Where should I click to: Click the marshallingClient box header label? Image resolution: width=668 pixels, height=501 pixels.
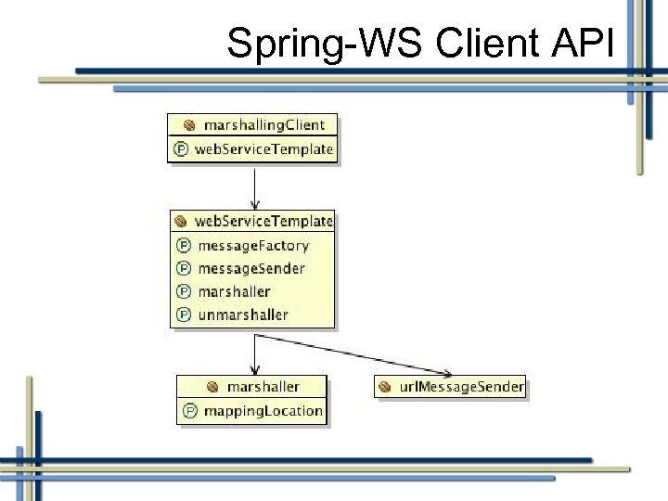(x=264, y=124)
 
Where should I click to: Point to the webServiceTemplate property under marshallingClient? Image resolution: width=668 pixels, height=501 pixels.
(x=263, y=148)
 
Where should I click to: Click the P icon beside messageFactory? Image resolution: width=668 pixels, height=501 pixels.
(x=184, y=246)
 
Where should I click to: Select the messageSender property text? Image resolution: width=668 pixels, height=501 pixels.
(x=250, y=269)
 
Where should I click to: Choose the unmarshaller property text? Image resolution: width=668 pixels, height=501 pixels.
(x=243, y=315)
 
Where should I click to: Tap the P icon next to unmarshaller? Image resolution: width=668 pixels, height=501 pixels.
(x=184, y=315)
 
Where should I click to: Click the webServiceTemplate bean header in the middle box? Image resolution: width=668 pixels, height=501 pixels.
(x=263, y=222)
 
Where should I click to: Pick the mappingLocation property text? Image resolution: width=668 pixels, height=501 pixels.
(x=263, y=410)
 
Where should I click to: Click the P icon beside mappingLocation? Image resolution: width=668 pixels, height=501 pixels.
(x=190, y=410)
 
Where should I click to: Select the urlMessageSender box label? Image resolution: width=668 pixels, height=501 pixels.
(x=461, y=386)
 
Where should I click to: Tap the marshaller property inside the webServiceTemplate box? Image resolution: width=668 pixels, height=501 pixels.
(x=234, y=291)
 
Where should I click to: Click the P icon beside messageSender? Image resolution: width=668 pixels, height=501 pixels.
(x=184, y=269)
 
